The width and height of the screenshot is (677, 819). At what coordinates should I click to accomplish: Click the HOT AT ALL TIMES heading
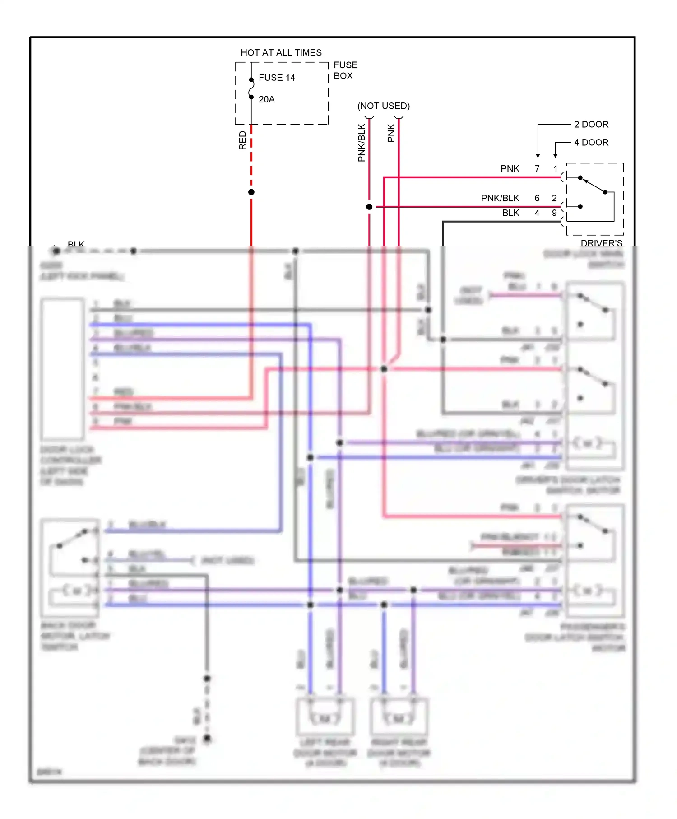tap(281, 52)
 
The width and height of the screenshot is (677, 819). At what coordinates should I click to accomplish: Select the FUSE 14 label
tap(277, 78)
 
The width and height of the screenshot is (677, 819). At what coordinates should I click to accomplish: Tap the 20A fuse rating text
tap(266, 99)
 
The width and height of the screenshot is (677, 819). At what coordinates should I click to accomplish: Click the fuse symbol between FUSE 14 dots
tap(251, 88)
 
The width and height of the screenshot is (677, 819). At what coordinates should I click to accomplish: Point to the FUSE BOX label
tap(345, 70)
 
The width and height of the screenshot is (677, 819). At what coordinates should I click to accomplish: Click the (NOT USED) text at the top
tap(383, 106)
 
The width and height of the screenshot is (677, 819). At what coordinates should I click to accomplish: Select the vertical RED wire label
tap(242, 140)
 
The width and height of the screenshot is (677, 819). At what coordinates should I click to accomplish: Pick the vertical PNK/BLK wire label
tap(361, 143)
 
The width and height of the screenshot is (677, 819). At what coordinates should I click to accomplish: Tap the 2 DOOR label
tap(591, 124)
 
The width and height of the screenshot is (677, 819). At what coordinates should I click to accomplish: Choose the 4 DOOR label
tap(591, 142)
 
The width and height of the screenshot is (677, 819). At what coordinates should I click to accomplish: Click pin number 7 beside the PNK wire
tap(537, 168)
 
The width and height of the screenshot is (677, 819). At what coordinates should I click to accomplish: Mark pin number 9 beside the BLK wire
tap(554, 213)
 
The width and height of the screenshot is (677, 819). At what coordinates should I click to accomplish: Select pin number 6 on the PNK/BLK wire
tap(537, 198)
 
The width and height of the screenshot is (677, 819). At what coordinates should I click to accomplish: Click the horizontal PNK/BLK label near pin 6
tap(500, 198)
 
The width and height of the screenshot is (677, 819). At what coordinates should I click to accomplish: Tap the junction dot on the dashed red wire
tap(251, 192)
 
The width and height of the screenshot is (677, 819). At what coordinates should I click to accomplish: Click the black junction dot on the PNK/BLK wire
tap(369, 207)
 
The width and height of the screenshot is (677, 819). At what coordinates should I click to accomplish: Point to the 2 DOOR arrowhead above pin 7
tap(538, 155)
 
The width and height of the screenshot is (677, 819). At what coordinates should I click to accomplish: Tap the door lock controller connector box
tap(63, 369)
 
